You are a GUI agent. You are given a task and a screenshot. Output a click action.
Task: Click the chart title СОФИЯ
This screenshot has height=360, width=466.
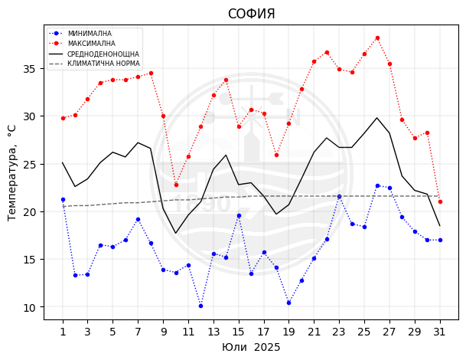point(251,14)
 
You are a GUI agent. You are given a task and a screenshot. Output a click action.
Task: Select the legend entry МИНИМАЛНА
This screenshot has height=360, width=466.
point(90,34)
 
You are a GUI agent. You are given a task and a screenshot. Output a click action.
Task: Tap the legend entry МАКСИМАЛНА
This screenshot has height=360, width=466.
point(91,44)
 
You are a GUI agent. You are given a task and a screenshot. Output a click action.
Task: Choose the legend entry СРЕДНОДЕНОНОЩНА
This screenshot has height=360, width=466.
point(103,54)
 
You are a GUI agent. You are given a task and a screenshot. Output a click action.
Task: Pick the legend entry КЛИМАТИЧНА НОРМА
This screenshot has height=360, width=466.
point(103,64)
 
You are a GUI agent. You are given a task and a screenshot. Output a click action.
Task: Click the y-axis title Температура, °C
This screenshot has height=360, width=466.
point(12,172)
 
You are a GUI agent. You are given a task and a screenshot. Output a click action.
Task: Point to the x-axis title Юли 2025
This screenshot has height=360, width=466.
point(251,348)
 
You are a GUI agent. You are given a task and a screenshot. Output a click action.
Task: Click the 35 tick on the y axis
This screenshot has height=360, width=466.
point(29,69)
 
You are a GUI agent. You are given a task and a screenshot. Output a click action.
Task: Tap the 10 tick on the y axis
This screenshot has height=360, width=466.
point(29,307)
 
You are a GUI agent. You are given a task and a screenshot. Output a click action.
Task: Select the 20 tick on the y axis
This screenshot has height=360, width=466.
point(29,212)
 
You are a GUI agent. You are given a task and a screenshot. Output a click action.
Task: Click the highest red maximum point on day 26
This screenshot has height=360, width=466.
point(377,38)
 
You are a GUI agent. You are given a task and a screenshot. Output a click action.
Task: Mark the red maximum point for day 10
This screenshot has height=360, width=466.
point(176,185)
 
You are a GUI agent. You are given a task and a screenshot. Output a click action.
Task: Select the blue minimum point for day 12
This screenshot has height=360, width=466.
point(200,306)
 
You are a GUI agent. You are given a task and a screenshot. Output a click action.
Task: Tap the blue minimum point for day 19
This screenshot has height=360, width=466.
point(288,303)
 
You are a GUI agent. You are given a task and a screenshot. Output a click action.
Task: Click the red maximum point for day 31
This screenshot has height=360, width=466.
point(440,201)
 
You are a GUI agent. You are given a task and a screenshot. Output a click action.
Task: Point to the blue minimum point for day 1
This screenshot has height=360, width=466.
point(63,199)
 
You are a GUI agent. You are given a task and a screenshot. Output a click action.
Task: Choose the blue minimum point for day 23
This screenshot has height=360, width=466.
point(339,196)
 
